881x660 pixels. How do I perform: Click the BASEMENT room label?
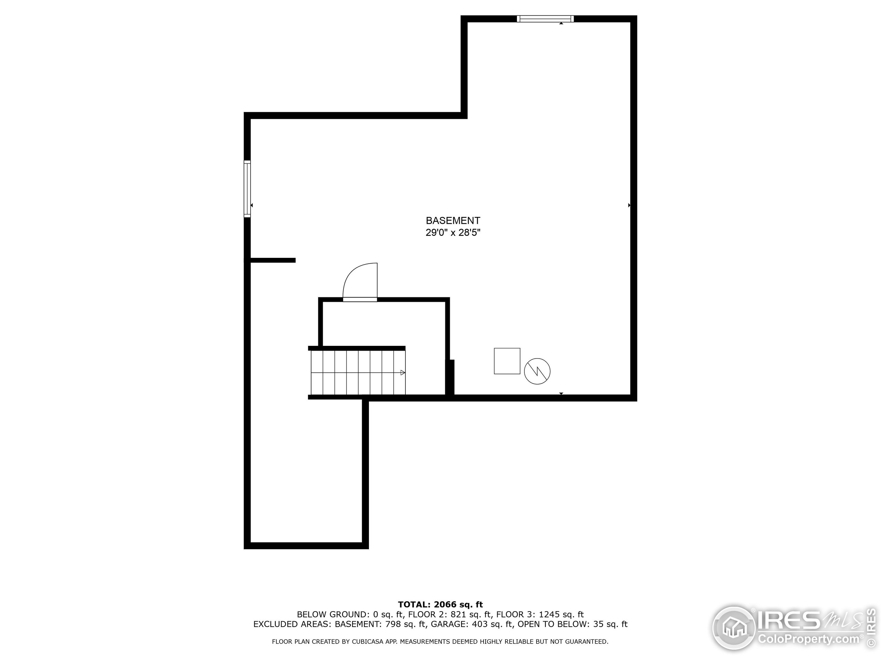tap(453, 220)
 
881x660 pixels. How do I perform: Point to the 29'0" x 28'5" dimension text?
tap(453, 233)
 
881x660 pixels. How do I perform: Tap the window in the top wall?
tap(545, 19)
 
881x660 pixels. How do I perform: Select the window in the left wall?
tap(247, 189)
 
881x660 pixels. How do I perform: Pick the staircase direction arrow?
tap(403, 373)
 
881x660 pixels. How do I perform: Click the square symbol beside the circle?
tap(507, 361)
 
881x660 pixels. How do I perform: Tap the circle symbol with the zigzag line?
tap(537, 371)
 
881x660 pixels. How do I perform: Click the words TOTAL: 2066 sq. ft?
tap(440, 605)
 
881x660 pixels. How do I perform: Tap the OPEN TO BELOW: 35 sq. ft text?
tap(572, 624)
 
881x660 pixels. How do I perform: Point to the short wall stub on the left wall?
tap(273, 260)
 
